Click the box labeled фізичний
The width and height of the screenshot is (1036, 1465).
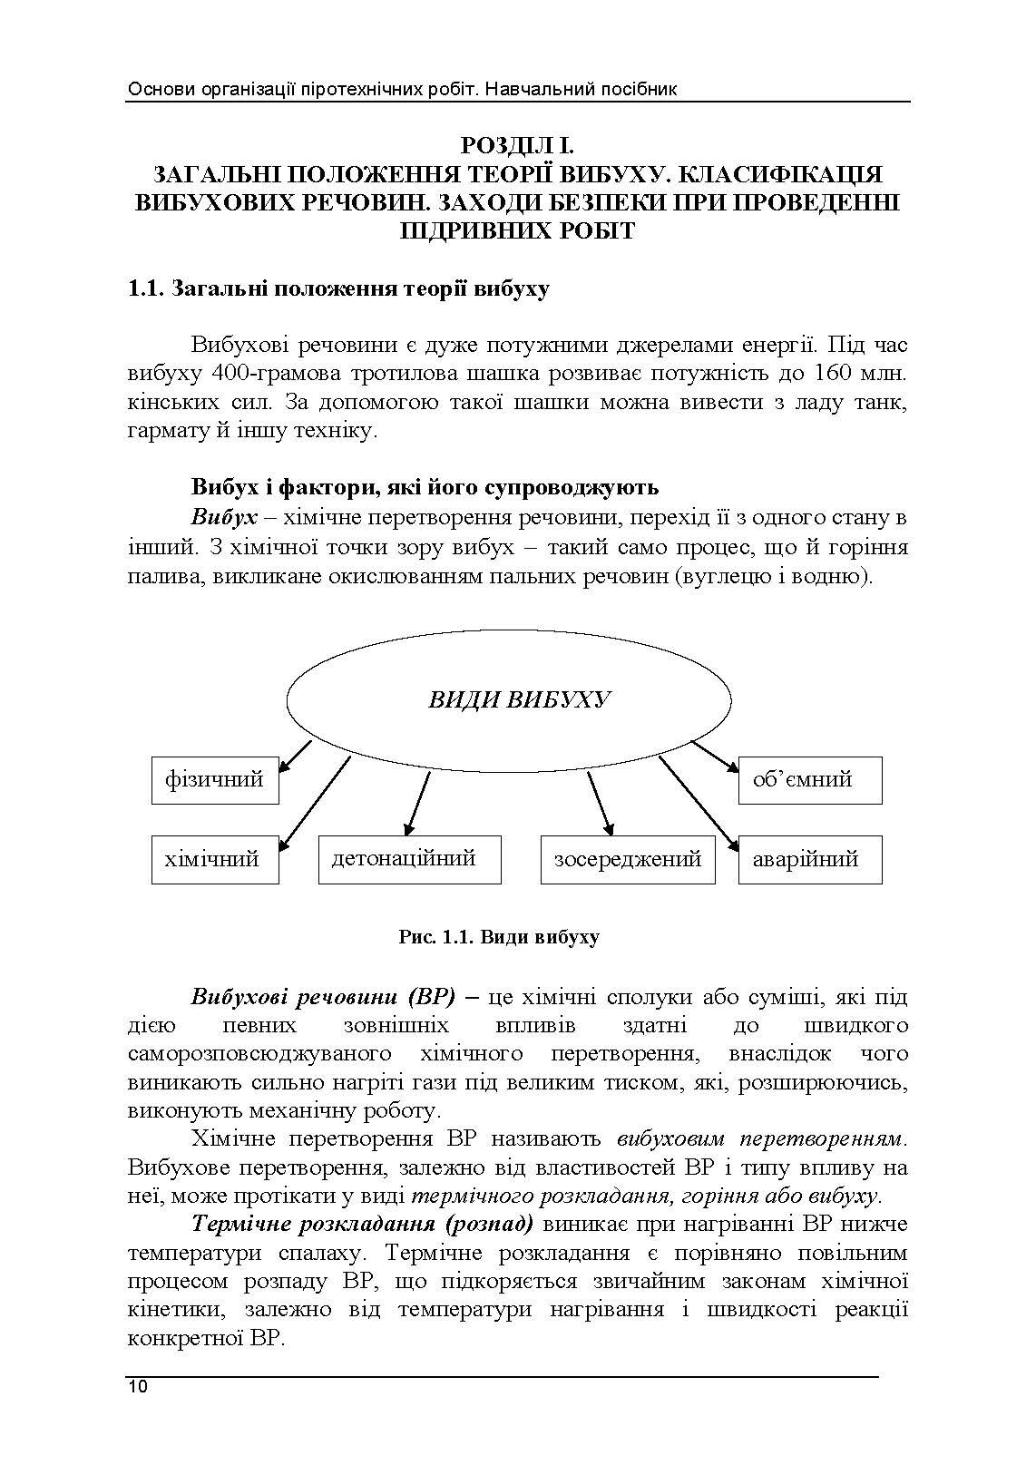point(214,779)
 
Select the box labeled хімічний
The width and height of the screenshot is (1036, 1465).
point(214,859)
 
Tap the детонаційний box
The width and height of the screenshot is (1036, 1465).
point(409,859)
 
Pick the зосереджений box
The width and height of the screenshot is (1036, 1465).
point(628,859)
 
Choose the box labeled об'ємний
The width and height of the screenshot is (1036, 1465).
point(808,779)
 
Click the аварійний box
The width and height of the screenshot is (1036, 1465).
point(808,859)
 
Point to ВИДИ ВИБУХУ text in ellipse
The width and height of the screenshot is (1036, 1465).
point(519,700)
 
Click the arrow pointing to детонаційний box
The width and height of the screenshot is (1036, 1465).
point(416,804)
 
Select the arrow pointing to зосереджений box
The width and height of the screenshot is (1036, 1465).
point(600,804)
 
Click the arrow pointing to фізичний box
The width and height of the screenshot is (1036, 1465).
point(294,757)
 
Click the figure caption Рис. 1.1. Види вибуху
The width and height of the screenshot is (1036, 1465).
point(499,937)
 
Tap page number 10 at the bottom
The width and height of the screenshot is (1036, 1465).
point(138,1387)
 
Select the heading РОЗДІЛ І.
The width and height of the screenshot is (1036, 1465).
point(517,144)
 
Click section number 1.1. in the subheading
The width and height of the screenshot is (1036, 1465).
point(145,289)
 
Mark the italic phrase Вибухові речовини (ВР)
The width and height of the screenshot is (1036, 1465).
point(323,997)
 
